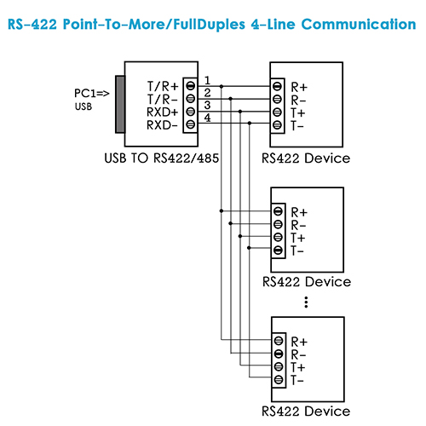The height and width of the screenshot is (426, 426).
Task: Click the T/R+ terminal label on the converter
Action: click(x=163, y=86)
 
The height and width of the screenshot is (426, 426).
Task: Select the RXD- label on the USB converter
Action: click(x=162, y=125)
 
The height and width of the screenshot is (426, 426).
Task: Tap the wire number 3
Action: click(x=207, y=105)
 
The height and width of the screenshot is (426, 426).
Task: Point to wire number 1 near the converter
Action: click(x=208, y=80)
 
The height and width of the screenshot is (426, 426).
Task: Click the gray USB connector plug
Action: click(x=120, y=104)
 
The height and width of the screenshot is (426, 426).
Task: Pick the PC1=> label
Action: click(x=91, y=93)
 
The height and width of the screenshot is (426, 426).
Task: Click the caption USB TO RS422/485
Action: click(x=162, y=158)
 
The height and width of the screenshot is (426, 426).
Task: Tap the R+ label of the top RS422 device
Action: click(x=299, y=87)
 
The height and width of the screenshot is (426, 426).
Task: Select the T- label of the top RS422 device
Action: click(x=297, y=125)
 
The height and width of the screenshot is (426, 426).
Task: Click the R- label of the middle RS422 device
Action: click(x=298, y=225)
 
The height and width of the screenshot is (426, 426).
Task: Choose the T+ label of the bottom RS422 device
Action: click(x=298, y=367)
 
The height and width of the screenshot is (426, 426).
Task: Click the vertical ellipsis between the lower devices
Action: click(x=306, y=302)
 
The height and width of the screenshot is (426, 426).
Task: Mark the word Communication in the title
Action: click(x=359, y=24)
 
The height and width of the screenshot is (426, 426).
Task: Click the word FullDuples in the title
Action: click(x=209, y=25)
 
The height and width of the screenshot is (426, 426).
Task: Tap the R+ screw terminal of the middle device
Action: click(x=278, y=211)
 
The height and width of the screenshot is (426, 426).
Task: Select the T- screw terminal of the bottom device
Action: click(x=279, y=379)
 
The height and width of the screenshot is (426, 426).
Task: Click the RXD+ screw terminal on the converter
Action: click(x=191, y=112)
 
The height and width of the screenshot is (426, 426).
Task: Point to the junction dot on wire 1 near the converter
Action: click(x=222, y=86)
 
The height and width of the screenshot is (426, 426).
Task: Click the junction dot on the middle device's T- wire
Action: click(x=249, y=248)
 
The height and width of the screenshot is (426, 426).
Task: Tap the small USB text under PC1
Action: click(x=83, y=106)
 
